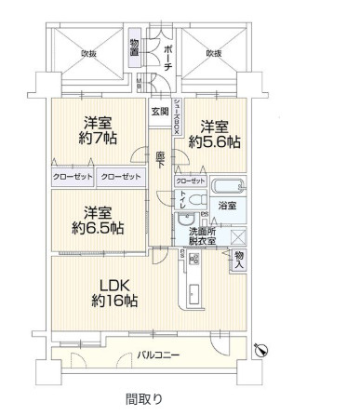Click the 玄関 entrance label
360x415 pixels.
[160, 112]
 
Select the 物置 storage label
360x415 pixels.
[135, 47]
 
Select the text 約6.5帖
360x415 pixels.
[90, 227]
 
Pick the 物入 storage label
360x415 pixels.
[239, 258]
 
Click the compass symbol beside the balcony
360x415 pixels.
[261, 350]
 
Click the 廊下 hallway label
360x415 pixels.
[160, 159]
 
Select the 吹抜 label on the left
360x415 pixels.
[89, 54]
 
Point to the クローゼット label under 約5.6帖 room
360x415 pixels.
[191, 181]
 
